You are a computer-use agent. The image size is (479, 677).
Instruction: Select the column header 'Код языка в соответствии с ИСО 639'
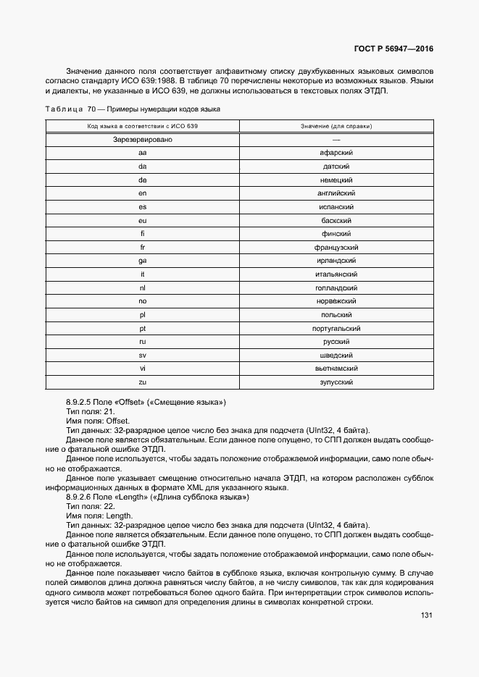pyautogui.click(x=143, y=126)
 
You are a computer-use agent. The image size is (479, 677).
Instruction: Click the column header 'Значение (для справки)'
pyautogui.click(x=336, y=126)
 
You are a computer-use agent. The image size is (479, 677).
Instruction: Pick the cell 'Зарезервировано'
pyautogui.click(x=143, y=140)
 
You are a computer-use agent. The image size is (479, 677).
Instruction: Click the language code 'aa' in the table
pyautogui.click(x=143, y=153)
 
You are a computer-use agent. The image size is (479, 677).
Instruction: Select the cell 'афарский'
pyautogui.click(x=336, y=153)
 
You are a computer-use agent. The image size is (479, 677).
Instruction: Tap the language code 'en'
pyautogui.click(x=143, y=193)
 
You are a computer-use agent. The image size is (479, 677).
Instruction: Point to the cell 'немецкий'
pyautogui.click(x=336, y=180)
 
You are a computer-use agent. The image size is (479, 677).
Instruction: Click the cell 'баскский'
pyautogui.click(x=336, y=220)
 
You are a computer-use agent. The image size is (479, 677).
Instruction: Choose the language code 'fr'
pyautogui.click(x=143, y=247)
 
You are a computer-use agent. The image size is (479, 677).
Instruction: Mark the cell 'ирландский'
pyautogui.click(x=336, y=261)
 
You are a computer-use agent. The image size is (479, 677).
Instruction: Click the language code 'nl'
pyautogui.click(x=143, y=287)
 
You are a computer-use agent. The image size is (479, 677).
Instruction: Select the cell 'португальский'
pyautogui.click(x=336, y=328)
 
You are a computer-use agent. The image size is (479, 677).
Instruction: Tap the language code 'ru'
pyautogui.click(x=143, y=342)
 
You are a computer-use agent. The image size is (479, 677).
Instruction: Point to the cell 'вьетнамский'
pyautogui.click(x=336, y=369)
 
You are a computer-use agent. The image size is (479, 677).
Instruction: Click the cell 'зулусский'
pyautogui.click(x=336, y=382)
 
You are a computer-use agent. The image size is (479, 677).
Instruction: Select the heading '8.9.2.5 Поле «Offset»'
pyautogui.click(x=146, y=402)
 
